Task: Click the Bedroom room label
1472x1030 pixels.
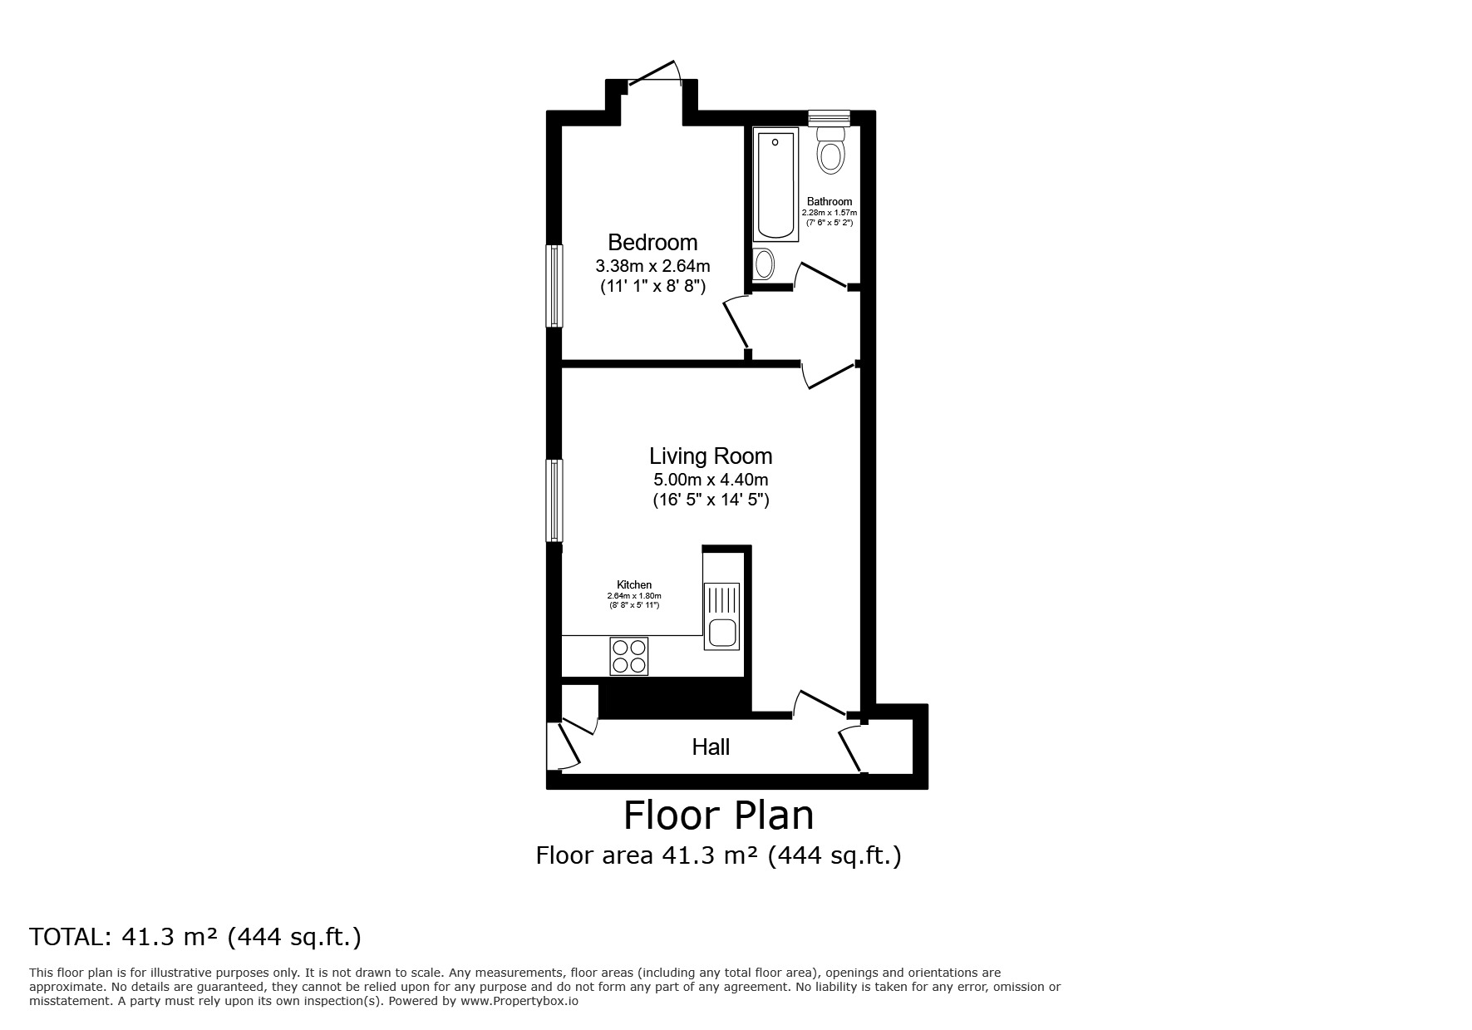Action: pos(652,243)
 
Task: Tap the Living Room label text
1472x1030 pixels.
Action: pos(711,456)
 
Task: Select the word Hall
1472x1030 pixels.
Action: pos(711,747)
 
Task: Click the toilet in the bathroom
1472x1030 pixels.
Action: pos(830,151)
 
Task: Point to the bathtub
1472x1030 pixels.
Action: pos(775,184)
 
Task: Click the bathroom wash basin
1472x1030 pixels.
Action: pos(764,264)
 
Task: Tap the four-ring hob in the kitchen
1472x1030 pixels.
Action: pos(629,656)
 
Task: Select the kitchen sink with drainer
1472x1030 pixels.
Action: pos(721,616)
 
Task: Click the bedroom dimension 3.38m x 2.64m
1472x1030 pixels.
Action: pos(652,267)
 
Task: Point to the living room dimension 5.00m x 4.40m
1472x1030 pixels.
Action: pos(711,480)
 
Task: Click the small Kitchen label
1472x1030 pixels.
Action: pos(634,585)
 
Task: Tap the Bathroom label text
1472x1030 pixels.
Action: pos(830,202)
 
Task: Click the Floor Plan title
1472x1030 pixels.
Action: pos(718,816)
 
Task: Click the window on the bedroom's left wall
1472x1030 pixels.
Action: pos(554,285)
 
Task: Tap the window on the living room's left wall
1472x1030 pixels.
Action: pos(554,500)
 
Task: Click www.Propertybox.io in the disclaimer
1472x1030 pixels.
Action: pos(519,1001)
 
